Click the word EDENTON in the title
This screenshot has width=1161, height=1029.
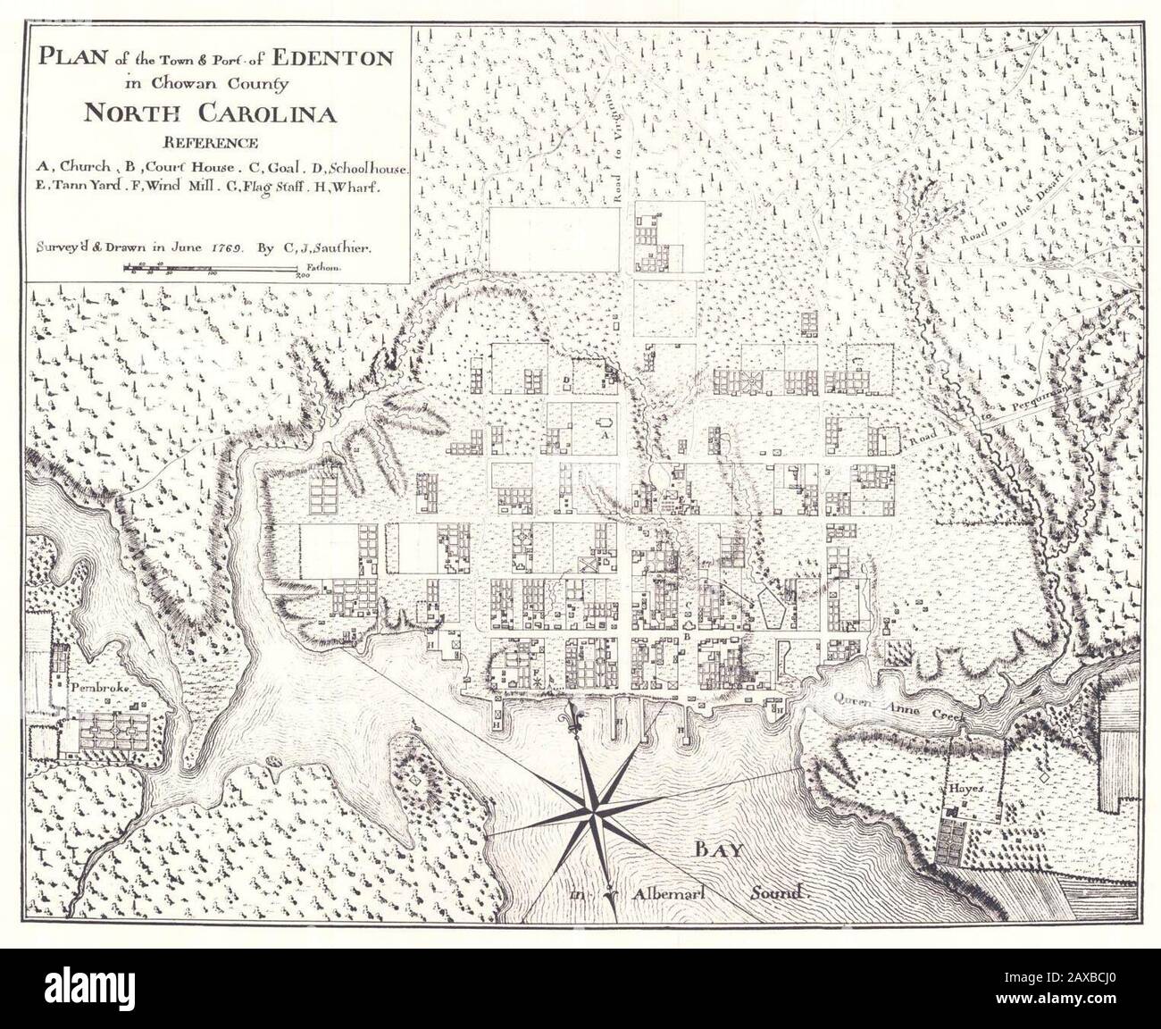[332, 59]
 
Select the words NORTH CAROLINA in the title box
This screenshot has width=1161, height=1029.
[210, 113]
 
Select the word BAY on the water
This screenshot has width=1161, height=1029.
[720, 849]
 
